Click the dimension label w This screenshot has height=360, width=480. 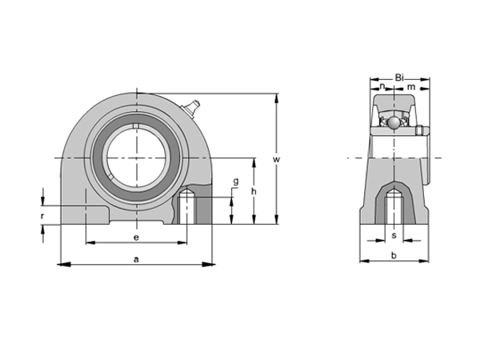(x=276, y=160)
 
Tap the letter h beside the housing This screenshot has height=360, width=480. (x=253, y=192)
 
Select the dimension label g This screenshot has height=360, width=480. (x=235, y=182)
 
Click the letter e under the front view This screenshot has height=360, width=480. (x=136, y=238)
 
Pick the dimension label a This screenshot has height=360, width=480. (x=136, y=258)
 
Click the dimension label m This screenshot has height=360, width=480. (x=410, y=86)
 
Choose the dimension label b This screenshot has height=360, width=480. (x=393, y=256)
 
